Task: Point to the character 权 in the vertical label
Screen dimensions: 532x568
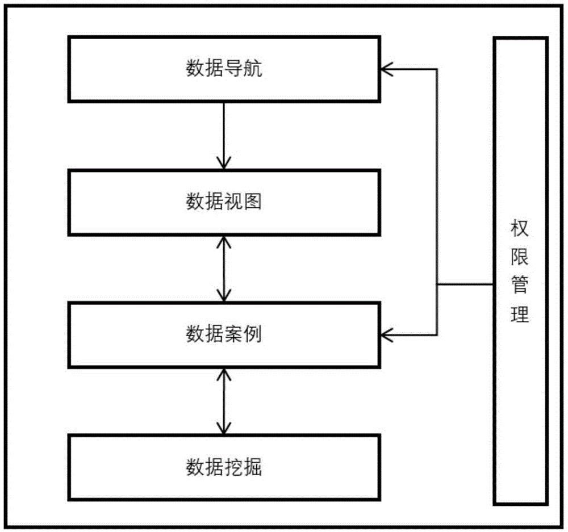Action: pos(520,230)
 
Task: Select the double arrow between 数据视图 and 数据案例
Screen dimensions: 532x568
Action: pos(224,269)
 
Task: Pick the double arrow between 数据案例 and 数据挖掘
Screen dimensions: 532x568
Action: pos(224,401)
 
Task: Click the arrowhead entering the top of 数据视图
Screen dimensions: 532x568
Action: pos(224,164)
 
